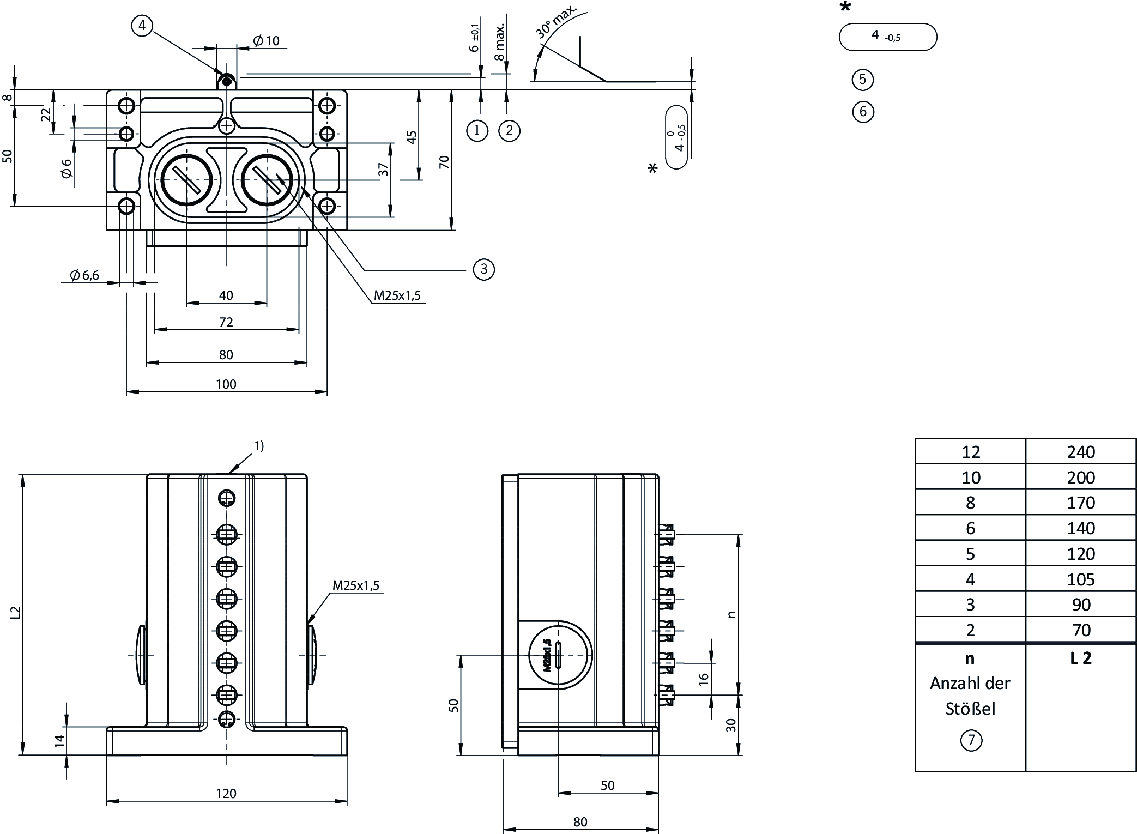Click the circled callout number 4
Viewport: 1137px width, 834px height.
tap(142, 26)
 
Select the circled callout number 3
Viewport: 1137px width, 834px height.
tap(483, 269)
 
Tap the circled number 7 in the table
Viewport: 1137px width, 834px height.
tap(970, 740)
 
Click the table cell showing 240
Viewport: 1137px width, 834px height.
tap(1080, 452)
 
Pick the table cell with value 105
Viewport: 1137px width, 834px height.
tap(1080, 579)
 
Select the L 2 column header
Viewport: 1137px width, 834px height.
tap(1080, 658)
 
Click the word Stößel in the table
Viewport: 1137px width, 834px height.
tap(970, 709)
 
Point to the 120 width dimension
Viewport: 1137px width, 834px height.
tap(226, 793)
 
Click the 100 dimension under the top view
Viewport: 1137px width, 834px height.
tap(226, 384)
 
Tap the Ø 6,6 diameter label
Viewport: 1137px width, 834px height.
tap(84, 275)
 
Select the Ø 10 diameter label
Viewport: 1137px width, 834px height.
tap(267, 40)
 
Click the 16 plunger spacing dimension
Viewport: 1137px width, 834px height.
tap(703, 679)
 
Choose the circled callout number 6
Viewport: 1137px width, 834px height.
tap(862, 112)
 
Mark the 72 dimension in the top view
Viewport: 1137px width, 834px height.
tap(226, 322)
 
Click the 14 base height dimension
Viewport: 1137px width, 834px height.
tap(59, 740)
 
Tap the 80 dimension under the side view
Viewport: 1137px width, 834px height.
tap(580, 822)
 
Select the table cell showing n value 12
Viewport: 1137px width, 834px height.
tap(970, 452)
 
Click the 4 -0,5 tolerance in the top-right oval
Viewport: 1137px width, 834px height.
tap(886, 37)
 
